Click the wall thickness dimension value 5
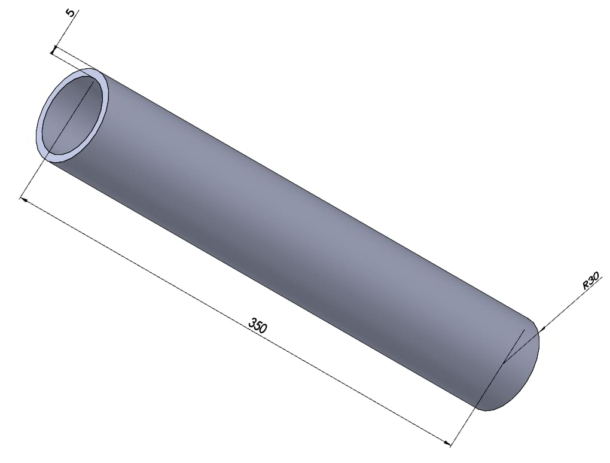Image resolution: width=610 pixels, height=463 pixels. coord(70,12)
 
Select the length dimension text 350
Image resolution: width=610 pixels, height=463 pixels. coord(258,325)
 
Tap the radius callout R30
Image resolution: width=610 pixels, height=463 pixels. coord(590,281)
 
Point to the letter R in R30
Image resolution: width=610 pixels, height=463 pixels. coord(585,285)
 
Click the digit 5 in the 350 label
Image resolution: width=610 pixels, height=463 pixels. coord(258,325)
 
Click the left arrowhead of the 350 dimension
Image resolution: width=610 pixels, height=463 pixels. coord(23,200)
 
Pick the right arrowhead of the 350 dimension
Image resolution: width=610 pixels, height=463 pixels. coord(447,443)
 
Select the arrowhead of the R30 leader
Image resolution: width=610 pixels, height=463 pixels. coord(542,330)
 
